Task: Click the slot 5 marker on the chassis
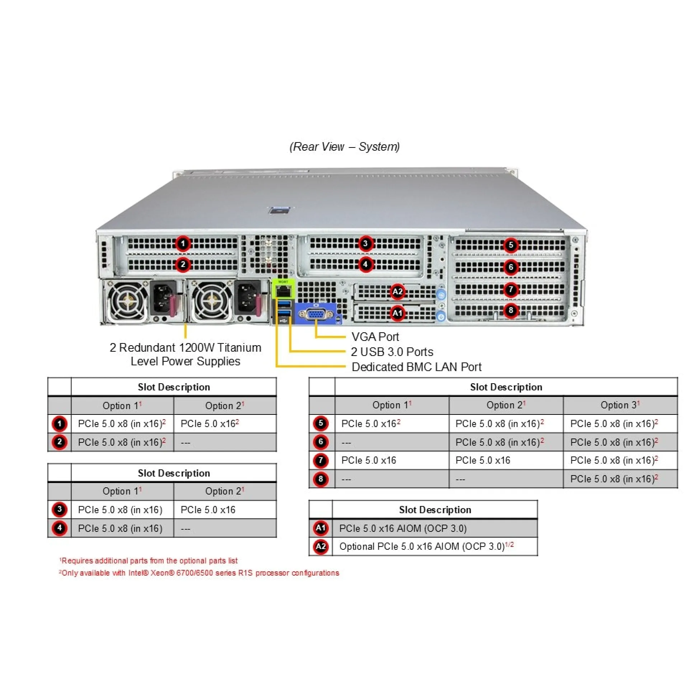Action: (511, 245)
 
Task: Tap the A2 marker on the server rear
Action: (397, 291)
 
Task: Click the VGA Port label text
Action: (375, 337)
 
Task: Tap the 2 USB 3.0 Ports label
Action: (392, 352)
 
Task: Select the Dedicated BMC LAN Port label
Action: (416, 367)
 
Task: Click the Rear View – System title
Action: (344, 146)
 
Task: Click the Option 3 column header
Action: (620, 405)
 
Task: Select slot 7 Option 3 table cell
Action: (614, 460)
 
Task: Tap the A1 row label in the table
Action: (320, 528)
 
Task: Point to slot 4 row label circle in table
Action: (60, 528)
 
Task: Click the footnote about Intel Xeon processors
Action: (199, 573)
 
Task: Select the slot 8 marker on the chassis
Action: (511, 310)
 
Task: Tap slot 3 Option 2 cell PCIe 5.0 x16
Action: (208, 510)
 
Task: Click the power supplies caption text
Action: (186, 354)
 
